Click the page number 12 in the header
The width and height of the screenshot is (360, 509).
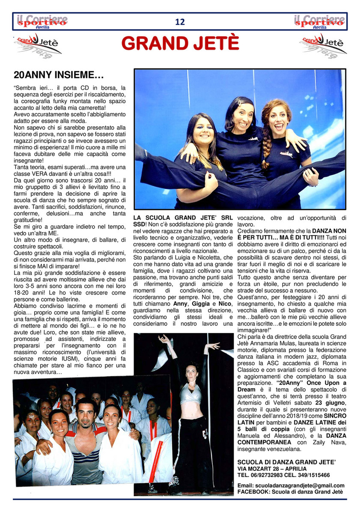pos(180,22)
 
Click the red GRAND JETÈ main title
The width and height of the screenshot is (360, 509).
pos(180,43)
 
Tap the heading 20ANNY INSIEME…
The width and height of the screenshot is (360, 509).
pos(59,76)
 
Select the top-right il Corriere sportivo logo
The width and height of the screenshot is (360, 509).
pos(319,21)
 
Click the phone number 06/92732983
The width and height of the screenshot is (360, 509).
pos(267,475)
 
